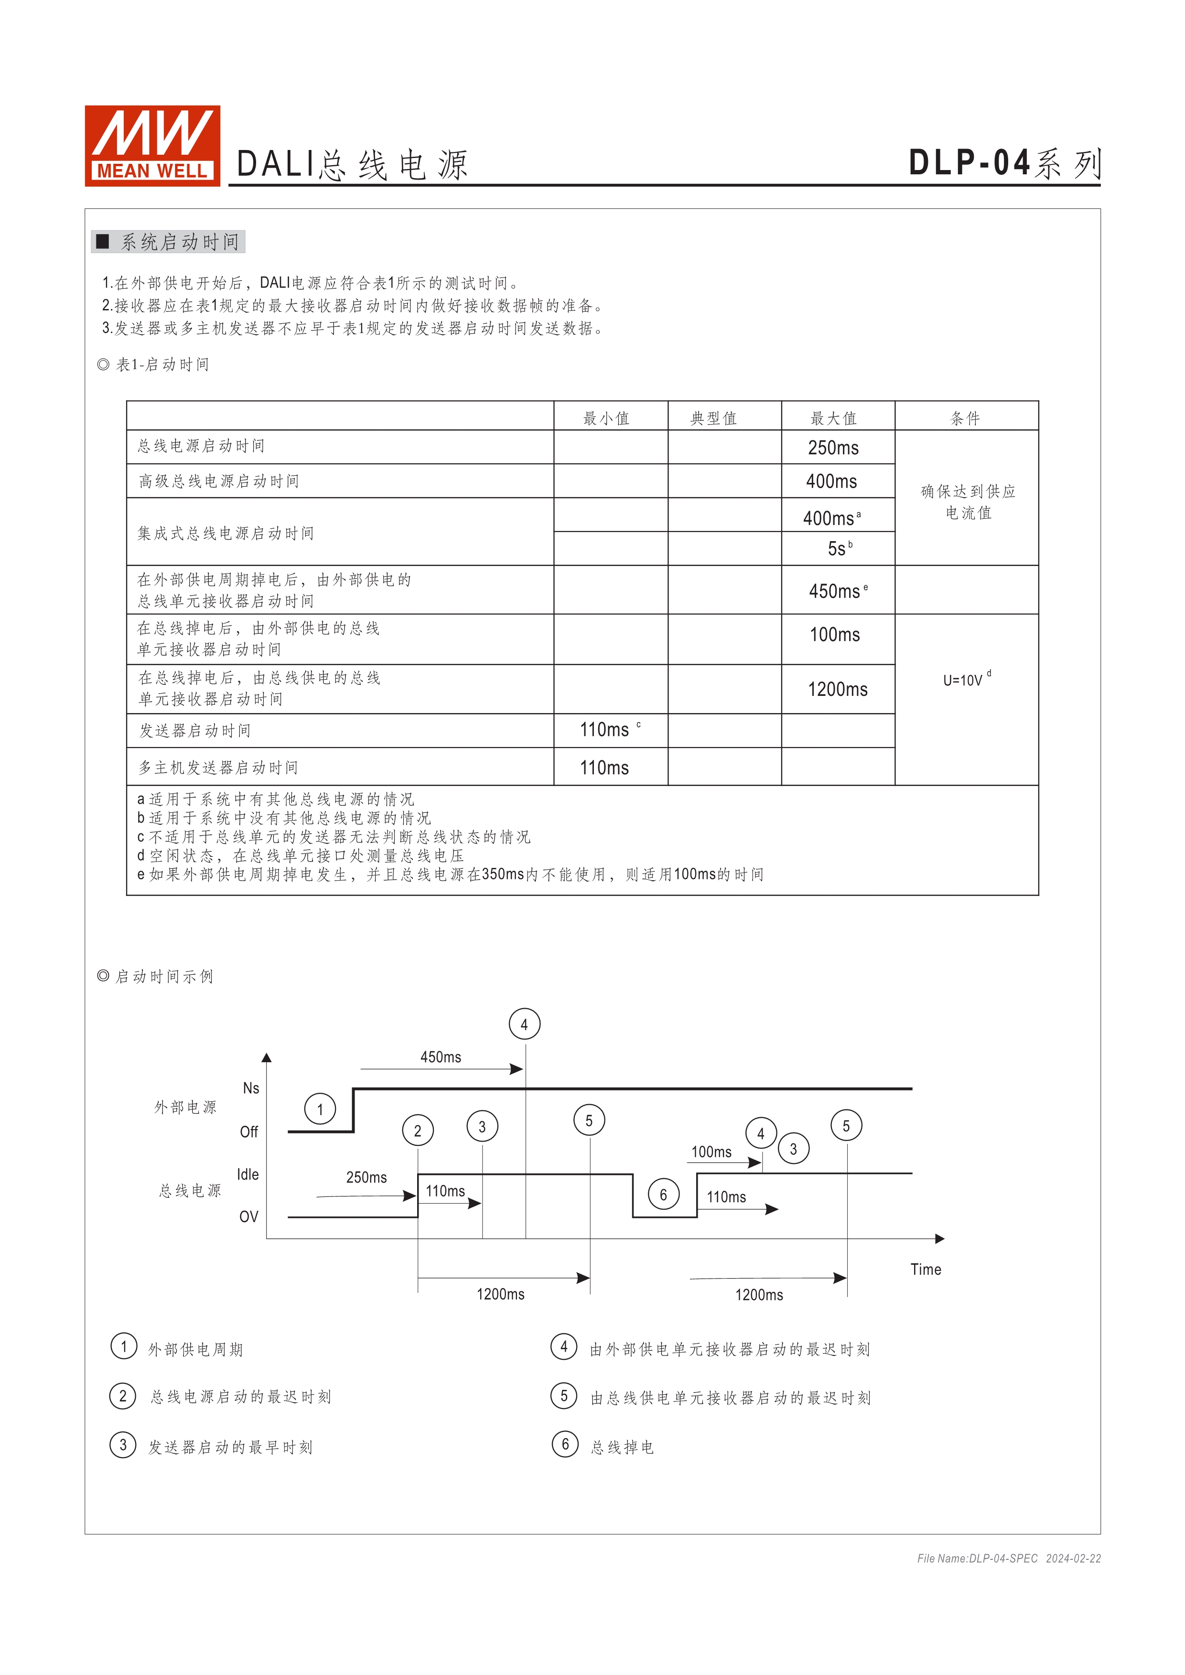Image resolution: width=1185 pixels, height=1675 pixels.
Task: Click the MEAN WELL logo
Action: pyautogui.click(x=152, y=146)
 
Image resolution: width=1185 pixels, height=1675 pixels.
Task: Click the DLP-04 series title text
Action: pyautogui.click(x=1003, y=163)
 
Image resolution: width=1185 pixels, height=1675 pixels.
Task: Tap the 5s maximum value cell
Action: pyautogui.click(x=838, y=549)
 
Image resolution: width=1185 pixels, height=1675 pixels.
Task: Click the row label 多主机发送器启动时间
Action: pyautogui.click(x=219, y=768)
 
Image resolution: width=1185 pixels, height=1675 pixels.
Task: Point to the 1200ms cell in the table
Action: pyautogui.click(x=838, y=689)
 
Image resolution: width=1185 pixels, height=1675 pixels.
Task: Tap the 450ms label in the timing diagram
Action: pyautogui.click(x=441, y=1057)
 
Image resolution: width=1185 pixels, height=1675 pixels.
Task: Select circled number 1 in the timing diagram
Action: pyautogui.click(x=320, y=1110)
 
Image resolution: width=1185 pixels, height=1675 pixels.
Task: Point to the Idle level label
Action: pyautogui.click(x=248, y=1174)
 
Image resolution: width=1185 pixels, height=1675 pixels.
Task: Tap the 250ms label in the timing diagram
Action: pyautogui.click(x=366, y=1177)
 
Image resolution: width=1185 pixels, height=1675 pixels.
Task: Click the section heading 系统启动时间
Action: pyautogui.click(x=180, y=242)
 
